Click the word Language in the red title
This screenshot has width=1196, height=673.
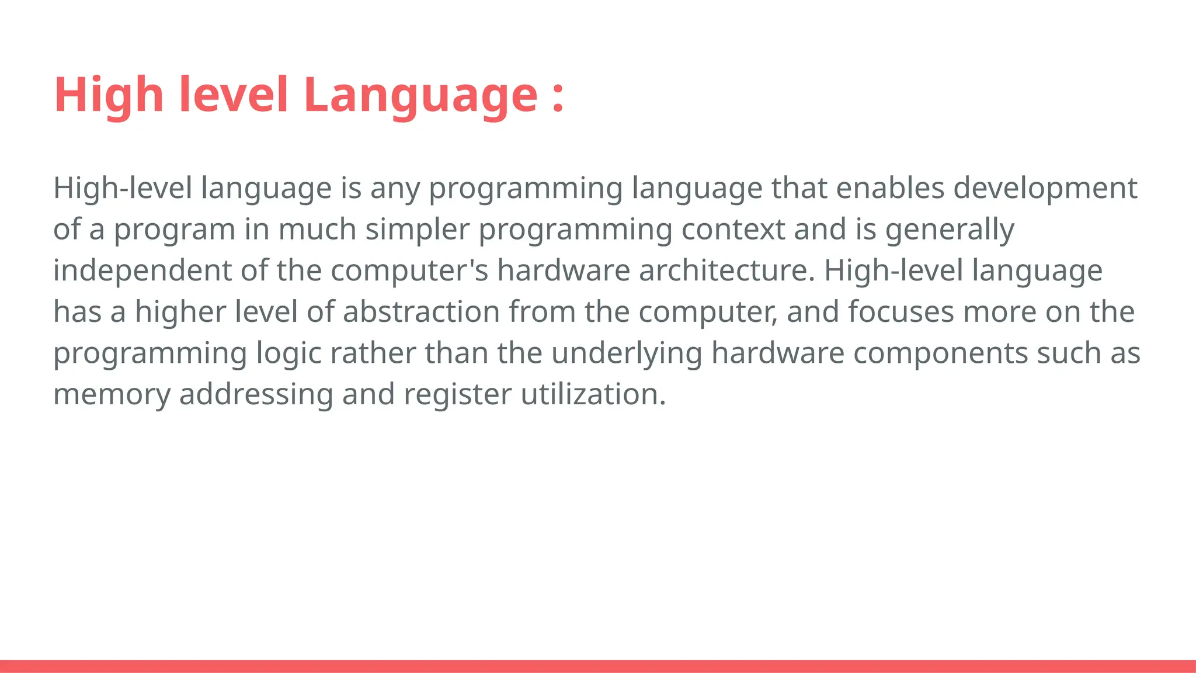click(x=420, y=95)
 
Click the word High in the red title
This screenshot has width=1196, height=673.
click(x=109, y=95)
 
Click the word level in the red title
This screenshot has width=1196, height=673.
click(x=234, y=95)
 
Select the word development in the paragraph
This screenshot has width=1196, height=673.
click(x=1045, y=189)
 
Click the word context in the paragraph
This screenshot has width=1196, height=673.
click(x=732, y=230)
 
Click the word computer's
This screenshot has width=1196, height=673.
click(x=409, y=271)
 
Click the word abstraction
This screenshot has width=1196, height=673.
click(x=421, y=312)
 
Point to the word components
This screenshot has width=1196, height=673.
click(x=940, y=353)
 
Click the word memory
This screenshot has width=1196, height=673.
click(x=112, y=394)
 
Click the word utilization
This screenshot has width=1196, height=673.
click(x=592, y=394)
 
